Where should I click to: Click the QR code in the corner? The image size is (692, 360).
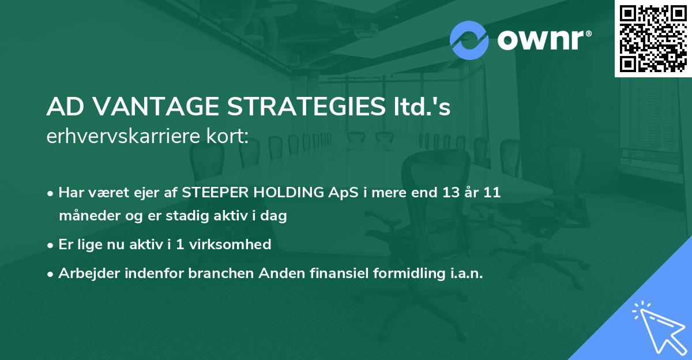click(x=653, y=38)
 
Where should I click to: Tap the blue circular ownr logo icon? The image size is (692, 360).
click(x=469, y=40)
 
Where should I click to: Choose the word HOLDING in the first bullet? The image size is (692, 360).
click(x=281, y=193)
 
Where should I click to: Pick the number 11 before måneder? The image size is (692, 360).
click(x=491, y=193)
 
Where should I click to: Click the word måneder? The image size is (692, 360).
click(x=86, y=216)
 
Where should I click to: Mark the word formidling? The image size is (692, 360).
click(x=398, y=273)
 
